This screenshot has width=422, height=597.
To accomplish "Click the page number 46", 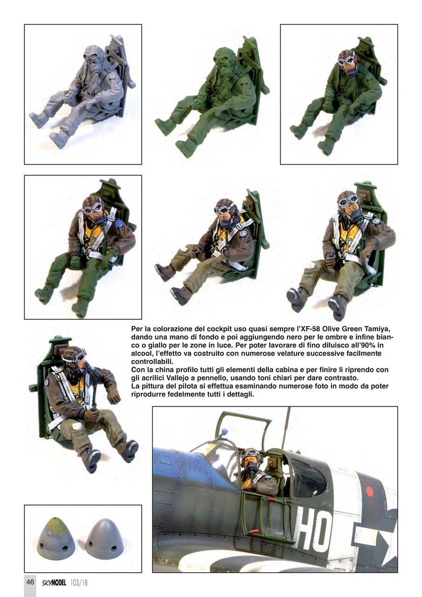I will pyautogui.click(x=30, y=582).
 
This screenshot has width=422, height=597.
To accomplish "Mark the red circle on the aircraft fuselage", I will pyautogui.click(x=370, y=491).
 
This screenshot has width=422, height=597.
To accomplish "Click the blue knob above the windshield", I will pyautogui.click(x=225, y=431).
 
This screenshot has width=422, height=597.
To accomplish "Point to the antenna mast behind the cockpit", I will pyautogui.click(x=285, y=427).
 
